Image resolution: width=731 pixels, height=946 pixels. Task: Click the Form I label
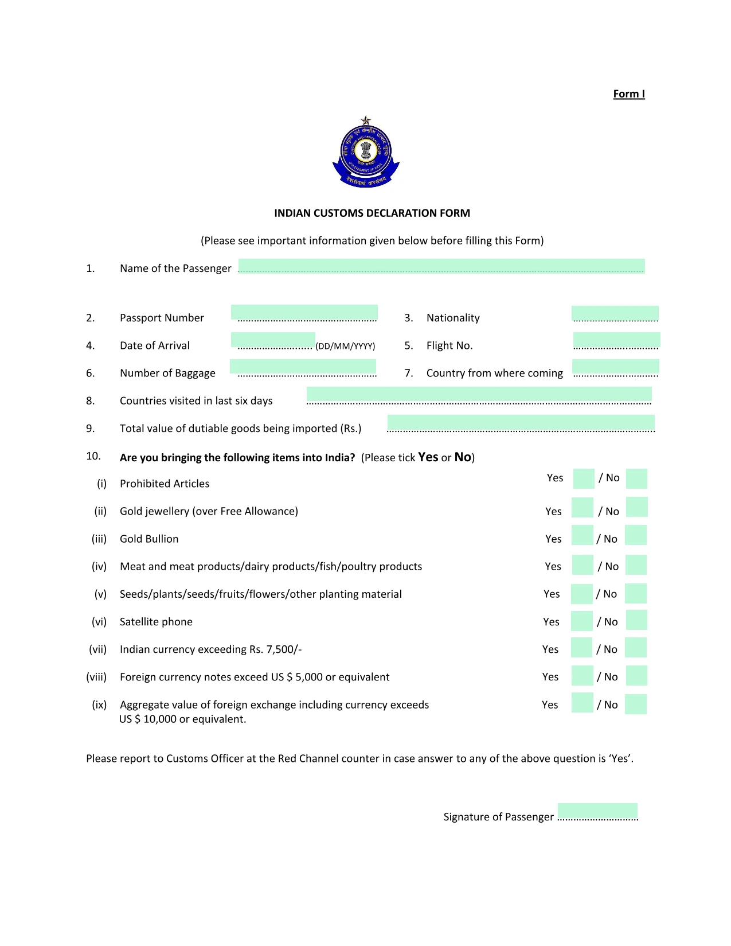[628, 94]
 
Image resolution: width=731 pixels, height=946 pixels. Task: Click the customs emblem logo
[366, 153]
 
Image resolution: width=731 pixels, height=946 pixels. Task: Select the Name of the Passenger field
[441, 266]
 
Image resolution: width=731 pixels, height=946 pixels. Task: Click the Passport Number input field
[304, 313]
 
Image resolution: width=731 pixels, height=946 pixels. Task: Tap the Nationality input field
[615, 314]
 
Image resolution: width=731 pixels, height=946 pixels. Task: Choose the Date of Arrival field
[273, 340]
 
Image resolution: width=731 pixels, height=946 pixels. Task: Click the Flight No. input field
[616, 340]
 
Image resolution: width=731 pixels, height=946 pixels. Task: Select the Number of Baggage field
[303, 367]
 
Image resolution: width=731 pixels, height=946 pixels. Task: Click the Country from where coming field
[615, 367]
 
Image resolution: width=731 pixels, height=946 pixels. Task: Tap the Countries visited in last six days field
[479, 394]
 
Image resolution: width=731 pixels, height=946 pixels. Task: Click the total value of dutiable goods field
[521, 423]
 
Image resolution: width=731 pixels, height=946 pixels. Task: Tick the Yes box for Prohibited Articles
[584, 478]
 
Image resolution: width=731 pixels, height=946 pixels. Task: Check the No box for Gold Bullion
[635, 535]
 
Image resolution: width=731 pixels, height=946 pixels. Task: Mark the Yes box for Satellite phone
[582, 621]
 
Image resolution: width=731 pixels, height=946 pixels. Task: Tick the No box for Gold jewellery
[636, 507]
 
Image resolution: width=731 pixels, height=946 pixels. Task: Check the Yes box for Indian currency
[581, 648]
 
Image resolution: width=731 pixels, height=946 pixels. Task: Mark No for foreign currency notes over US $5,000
[636, 676]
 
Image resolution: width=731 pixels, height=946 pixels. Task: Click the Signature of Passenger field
[597, 811]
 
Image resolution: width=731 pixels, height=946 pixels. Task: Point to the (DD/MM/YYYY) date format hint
[345, 346]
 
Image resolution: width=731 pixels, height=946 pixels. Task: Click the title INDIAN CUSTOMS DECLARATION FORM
[372, 213]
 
